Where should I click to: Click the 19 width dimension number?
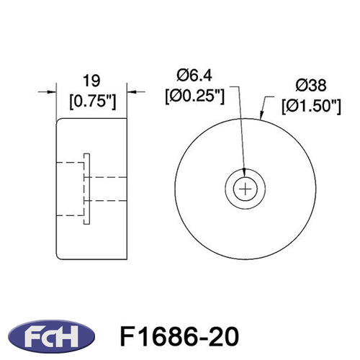(91, 81)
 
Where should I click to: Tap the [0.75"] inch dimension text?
(93, 102)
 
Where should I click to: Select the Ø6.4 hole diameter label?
(194, 76)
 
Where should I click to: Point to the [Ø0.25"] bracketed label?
(194, 96)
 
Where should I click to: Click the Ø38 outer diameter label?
(311, 86)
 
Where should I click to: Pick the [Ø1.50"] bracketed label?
(311, 107)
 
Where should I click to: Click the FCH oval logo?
(51, 336)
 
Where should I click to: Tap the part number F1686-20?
(179, 336)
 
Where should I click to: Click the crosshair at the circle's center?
(246, 189)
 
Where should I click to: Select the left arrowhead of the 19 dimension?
(52, 91)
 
